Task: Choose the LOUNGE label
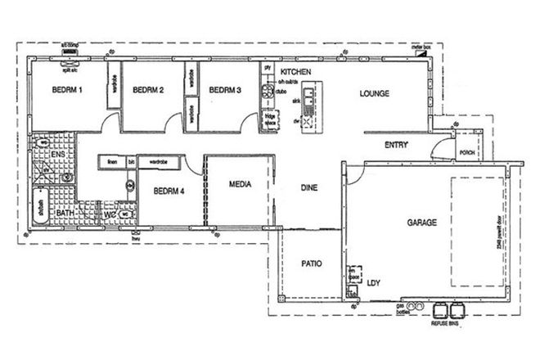374,93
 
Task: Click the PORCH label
467,152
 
